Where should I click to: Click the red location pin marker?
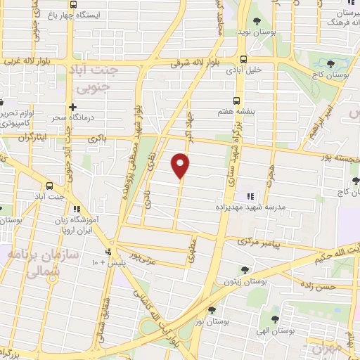coord(181,165)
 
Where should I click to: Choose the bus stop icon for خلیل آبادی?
coord(243,59)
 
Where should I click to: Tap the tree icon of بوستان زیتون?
coord(243,269)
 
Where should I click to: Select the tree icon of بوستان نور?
coord(212,309)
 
